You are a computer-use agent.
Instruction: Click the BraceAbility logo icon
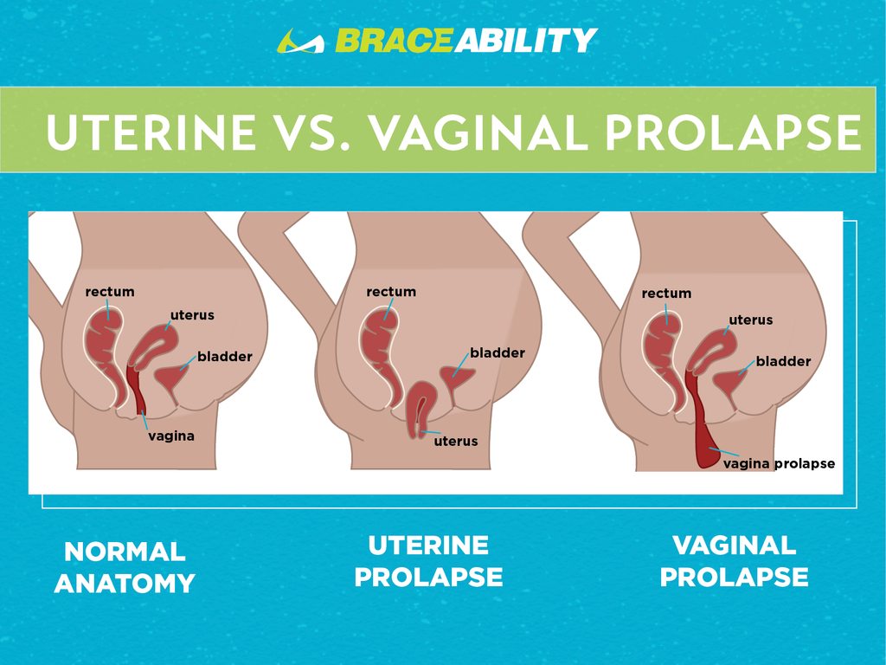coord(300,41)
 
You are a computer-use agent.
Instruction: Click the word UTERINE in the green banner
coord(151,132)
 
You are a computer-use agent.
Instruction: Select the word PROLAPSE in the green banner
coord(733,132)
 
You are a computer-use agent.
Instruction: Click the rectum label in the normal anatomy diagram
coord(110,292)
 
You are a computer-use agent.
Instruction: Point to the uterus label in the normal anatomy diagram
coord(192,315)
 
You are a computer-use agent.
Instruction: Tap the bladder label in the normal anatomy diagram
coord(224,356)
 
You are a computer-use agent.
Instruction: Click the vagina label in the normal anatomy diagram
coord(171,436)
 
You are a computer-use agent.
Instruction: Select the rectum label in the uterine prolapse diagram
coord(391,292)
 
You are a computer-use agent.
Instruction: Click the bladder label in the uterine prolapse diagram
coord(498,353)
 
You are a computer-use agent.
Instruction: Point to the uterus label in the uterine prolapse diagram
coord(455,441)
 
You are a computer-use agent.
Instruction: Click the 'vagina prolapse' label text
coord(779,464)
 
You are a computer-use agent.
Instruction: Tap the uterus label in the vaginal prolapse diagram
coord(750,320)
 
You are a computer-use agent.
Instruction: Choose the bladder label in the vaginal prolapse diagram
coord(783,361)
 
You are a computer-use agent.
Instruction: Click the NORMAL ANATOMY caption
coord(125,567)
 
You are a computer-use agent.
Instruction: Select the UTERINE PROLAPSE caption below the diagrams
coord(428,561)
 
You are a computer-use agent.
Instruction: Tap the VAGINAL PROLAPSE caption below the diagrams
coord(734,561)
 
